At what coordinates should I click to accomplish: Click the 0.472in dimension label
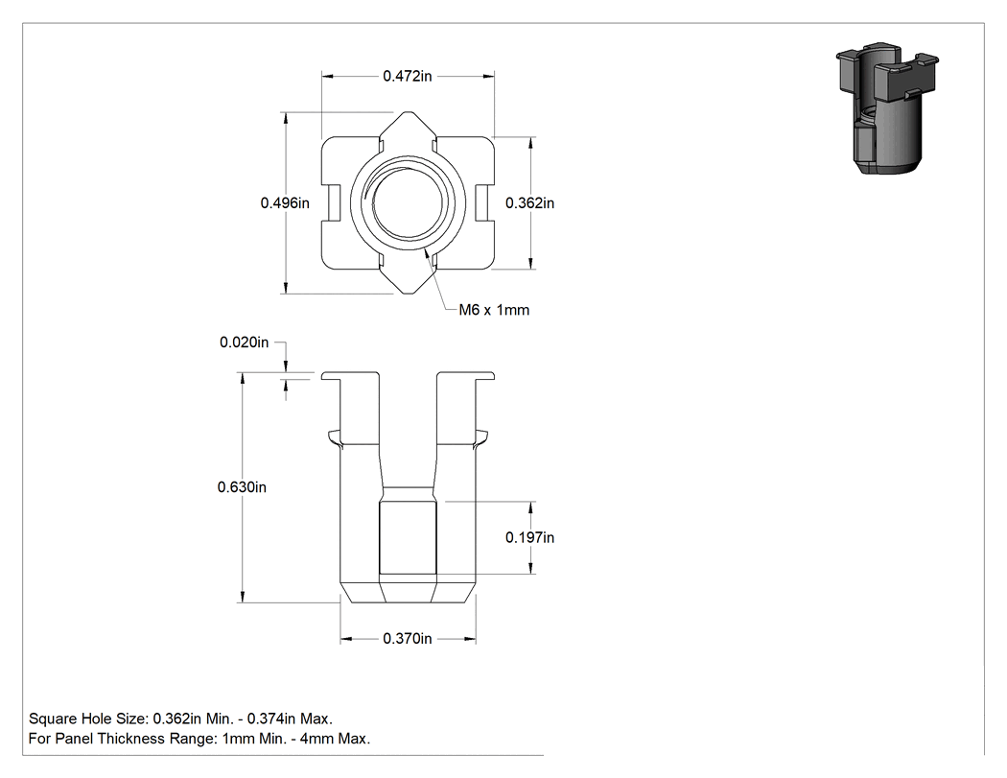coord(408,76)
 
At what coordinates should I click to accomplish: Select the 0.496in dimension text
coord(285,203)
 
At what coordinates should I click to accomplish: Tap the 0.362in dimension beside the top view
coord(529,203)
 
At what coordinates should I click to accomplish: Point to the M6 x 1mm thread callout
coord(494,310)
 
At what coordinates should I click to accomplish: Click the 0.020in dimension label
coord(244,342)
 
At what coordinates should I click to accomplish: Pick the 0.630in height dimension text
coord(242,487)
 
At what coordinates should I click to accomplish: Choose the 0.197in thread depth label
coord(529,537)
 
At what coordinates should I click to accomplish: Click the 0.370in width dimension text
coord(408,638)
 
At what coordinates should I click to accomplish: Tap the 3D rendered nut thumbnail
coord(887,109)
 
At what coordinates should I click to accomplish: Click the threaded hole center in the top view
coord(408,203)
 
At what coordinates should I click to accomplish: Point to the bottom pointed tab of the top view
coord(408,281)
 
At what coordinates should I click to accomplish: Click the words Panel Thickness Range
coord(137,738)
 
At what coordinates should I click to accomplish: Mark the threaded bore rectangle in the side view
coord(408,538)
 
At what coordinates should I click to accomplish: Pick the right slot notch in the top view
coord(485,203)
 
